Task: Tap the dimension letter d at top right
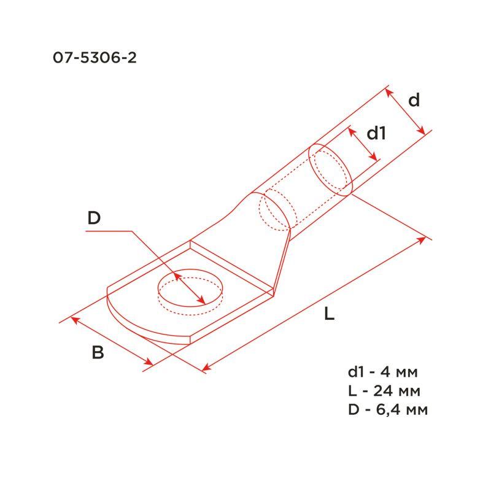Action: (x=415, y=100)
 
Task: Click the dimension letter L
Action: (x=329, y=315)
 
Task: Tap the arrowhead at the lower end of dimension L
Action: (x=205, y=369)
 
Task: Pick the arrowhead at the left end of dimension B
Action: (x=74, y=318)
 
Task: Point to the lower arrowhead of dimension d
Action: (x=422, y=133)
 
